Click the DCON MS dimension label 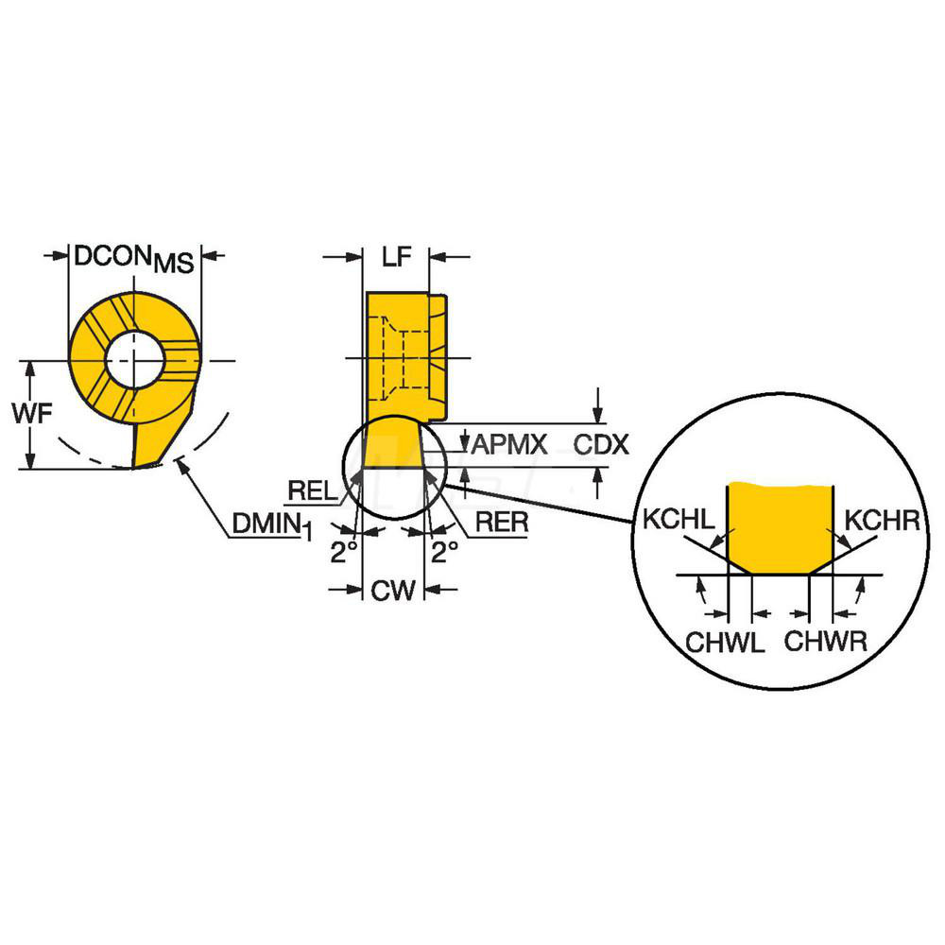pos(133,258)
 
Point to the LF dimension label pos(396,258)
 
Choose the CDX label pos(601,442)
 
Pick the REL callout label pos(310,489)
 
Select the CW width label pos(393,592)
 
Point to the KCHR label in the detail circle pos(880,520)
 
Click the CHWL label pos(724,644)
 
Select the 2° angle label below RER pos(445,551)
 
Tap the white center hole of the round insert pos(134,359)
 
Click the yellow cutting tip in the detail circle pos(779,524)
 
